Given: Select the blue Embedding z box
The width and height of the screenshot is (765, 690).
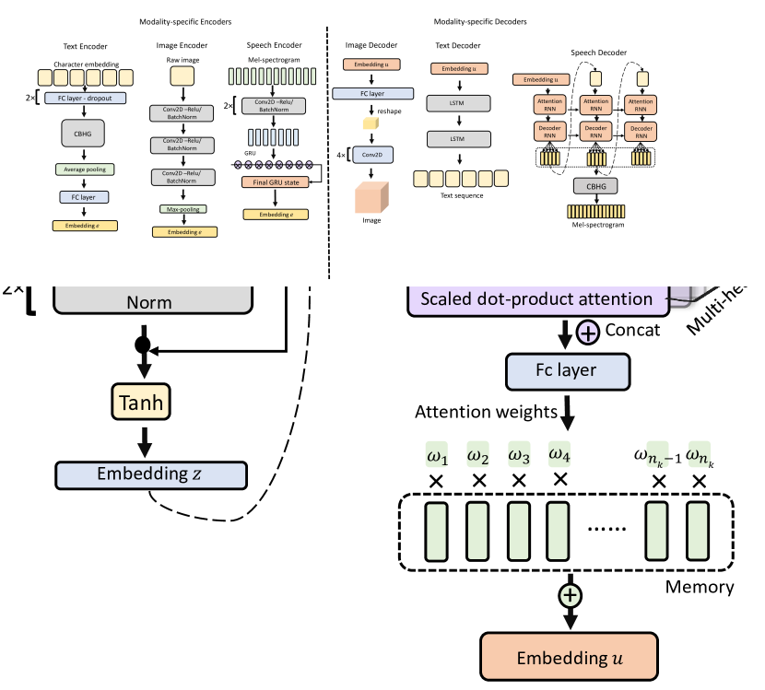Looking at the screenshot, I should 151,474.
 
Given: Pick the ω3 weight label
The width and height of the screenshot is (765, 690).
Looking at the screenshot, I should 519,455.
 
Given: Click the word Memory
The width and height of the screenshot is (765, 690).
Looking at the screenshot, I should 700,586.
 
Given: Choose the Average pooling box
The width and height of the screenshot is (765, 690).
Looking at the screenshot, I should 85,170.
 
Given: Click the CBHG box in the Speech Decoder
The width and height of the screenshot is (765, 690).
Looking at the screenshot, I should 594,185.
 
